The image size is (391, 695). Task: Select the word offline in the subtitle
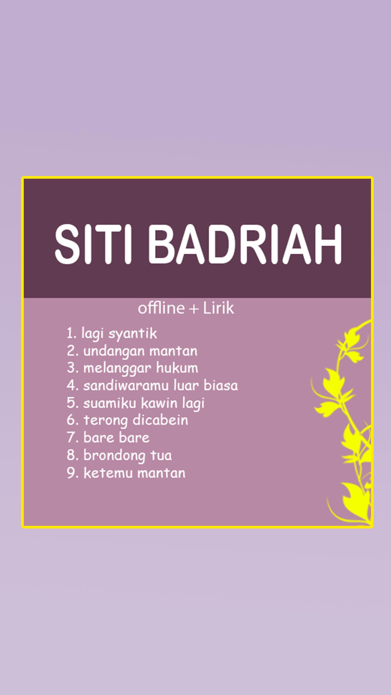pos(161,308)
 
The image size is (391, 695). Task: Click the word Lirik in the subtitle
pos(218,308)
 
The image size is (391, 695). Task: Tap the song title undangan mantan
pos(140,351)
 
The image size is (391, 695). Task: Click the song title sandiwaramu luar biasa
pos(160,385)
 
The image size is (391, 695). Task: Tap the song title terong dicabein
pos(136,420)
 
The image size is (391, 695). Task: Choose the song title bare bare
pos(116,438)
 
